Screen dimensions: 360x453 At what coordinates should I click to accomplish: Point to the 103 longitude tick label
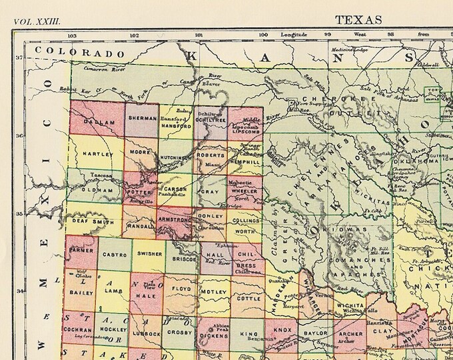[72, 35]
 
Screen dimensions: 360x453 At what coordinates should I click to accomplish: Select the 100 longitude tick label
[263, 35]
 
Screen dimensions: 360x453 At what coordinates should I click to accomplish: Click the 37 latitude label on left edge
[19, 58]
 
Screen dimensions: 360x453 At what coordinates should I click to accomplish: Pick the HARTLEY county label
[94, 153]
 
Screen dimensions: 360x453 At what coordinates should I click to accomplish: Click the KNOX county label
[282, 329]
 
